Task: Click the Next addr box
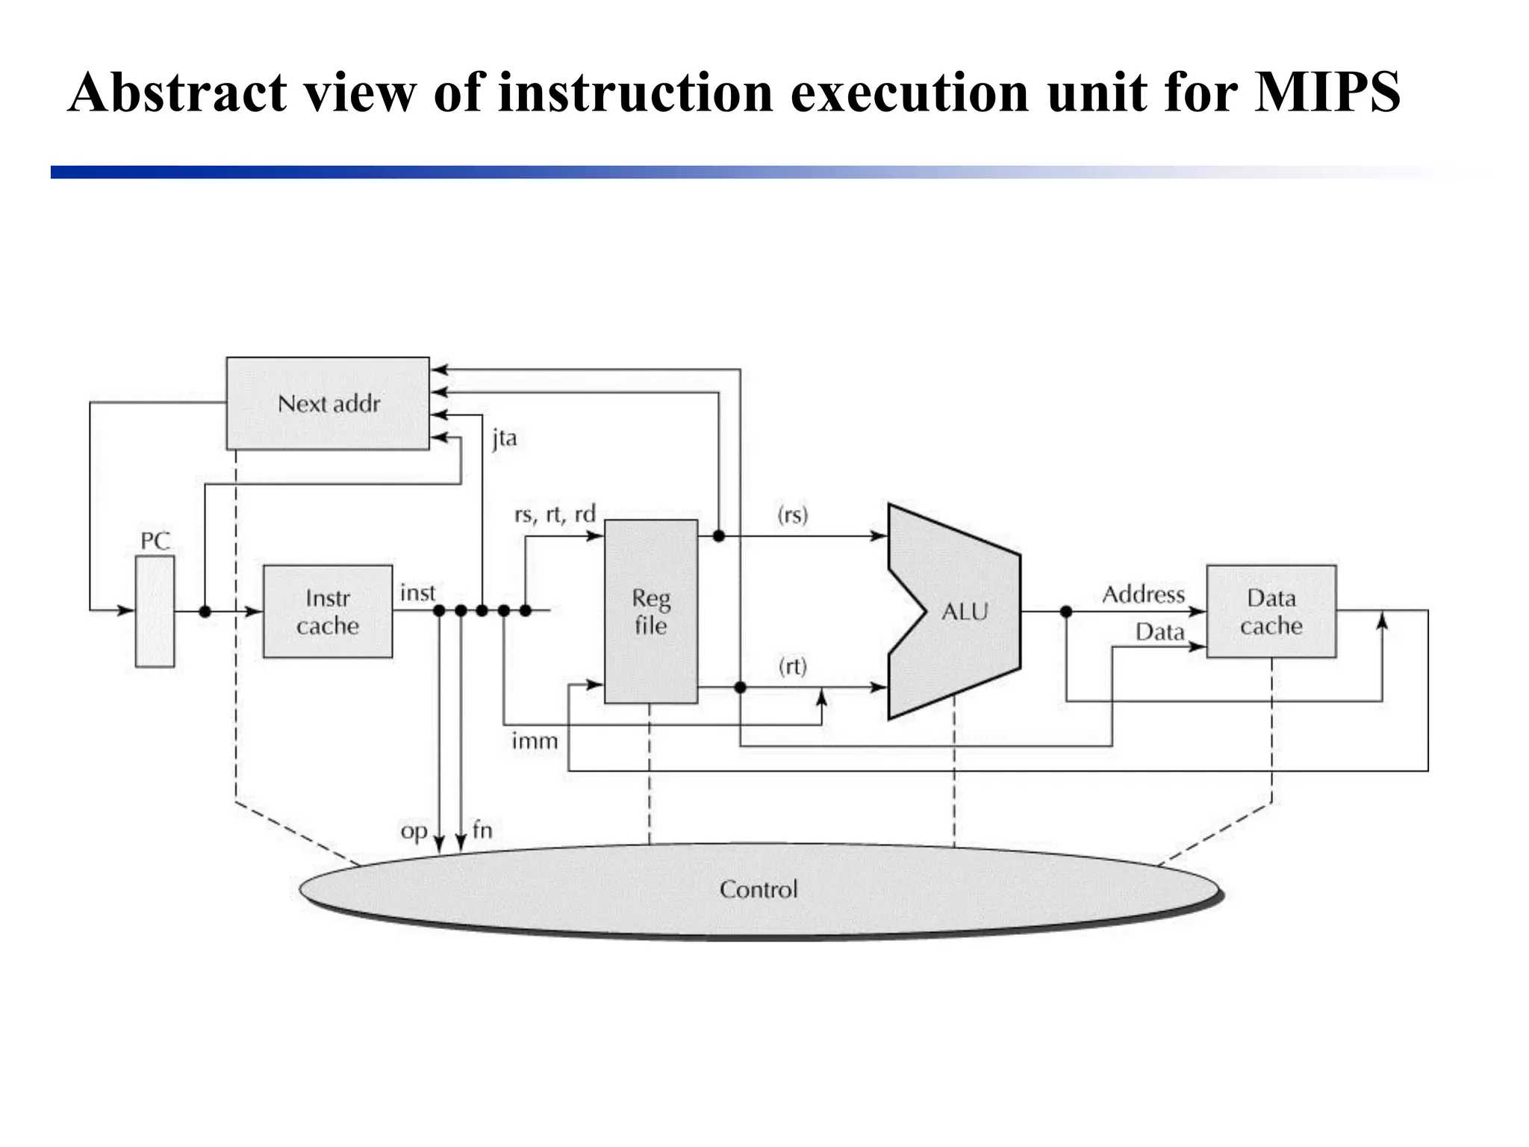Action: point(328,403)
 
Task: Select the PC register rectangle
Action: point(155,611)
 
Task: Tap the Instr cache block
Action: point(327,611)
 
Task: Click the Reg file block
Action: point(650,611)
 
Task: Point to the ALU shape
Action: point(963,612)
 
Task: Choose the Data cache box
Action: point(1271,611)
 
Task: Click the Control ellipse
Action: point(758,889)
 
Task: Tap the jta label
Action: point(504,438)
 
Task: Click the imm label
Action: point(535,741)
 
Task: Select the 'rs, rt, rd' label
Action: point(555,515)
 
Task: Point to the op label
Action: point(414,831)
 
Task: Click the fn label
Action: point(482,830)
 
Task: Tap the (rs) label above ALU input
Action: point(792,515)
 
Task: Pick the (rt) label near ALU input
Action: point(792,665)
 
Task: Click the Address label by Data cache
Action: point(1143,594)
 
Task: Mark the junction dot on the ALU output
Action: point(1066,612)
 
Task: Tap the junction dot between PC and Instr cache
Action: point(205,612)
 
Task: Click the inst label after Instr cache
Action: point(417,593)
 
